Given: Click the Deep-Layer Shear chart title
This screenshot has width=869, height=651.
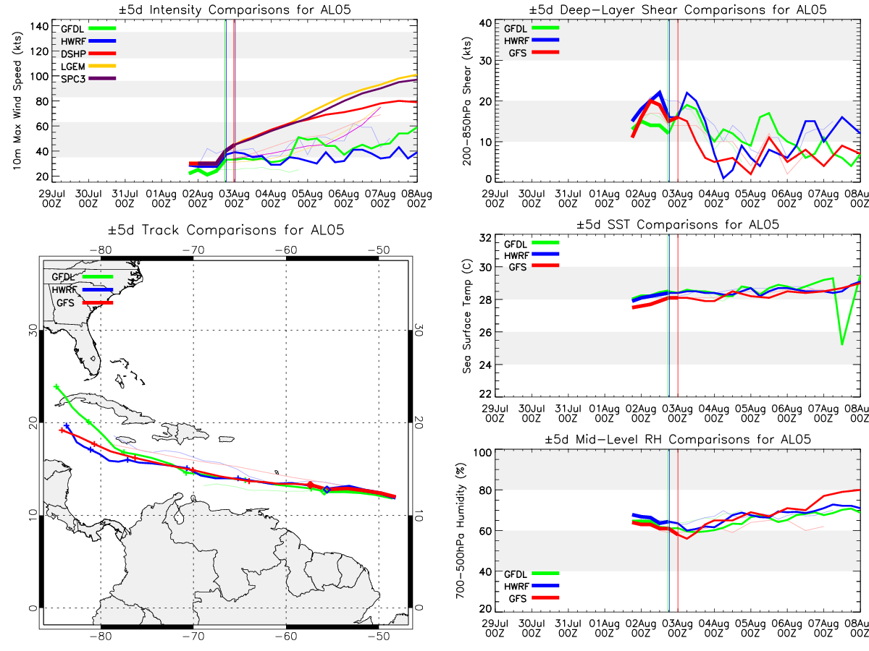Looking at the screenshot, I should click(679, 9).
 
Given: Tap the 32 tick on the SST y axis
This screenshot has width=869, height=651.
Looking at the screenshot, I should click(488, 238).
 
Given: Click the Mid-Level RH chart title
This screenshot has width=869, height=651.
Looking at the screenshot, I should click(679, 439).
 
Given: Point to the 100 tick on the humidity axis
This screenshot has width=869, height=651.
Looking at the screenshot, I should click(485, 452).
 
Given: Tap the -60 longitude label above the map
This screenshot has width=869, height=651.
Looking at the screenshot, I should click(287, 250).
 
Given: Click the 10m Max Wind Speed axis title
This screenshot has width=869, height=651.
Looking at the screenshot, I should click(15, 101).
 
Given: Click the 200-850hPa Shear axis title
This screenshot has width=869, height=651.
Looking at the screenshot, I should click(468, 101).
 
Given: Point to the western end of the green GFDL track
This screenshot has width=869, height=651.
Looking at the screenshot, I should click(56, 387).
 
